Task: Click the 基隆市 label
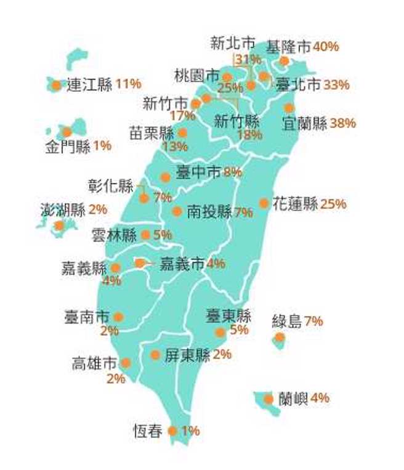coord(288,47)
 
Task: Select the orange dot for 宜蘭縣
coord(289,108)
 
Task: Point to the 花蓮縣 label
coord(295,203)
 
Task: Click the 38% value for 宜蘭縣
coord(343,123)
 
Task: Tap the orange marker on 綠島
coord(280,337)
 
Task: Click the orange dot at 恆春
coord(172,431)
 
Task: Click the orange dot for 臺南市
coord(118,317)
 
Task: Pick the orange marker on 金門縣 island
coord(67,132)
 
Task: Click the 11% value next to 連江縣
coord(128,84)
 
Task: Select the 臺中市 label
coord(198,173)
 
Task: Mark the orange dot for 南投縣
coord(177,211)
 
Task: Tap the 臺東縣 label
coord(228,317)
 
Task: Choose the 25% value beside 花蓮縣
coord(333,203)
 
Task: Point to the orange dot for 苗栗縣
coord(182,132)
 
